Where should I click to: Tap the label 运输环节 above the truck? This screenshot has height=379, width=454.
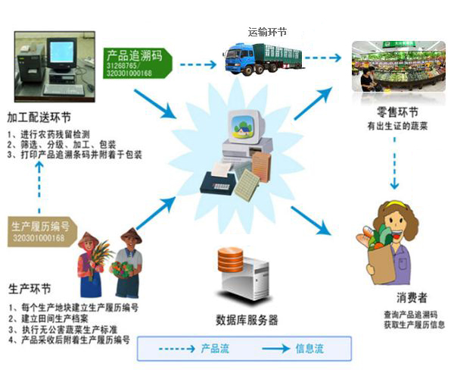click(x=267, y=32)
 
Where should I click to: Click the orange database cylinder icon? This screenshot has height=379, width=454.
click(x=230, y=262)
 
